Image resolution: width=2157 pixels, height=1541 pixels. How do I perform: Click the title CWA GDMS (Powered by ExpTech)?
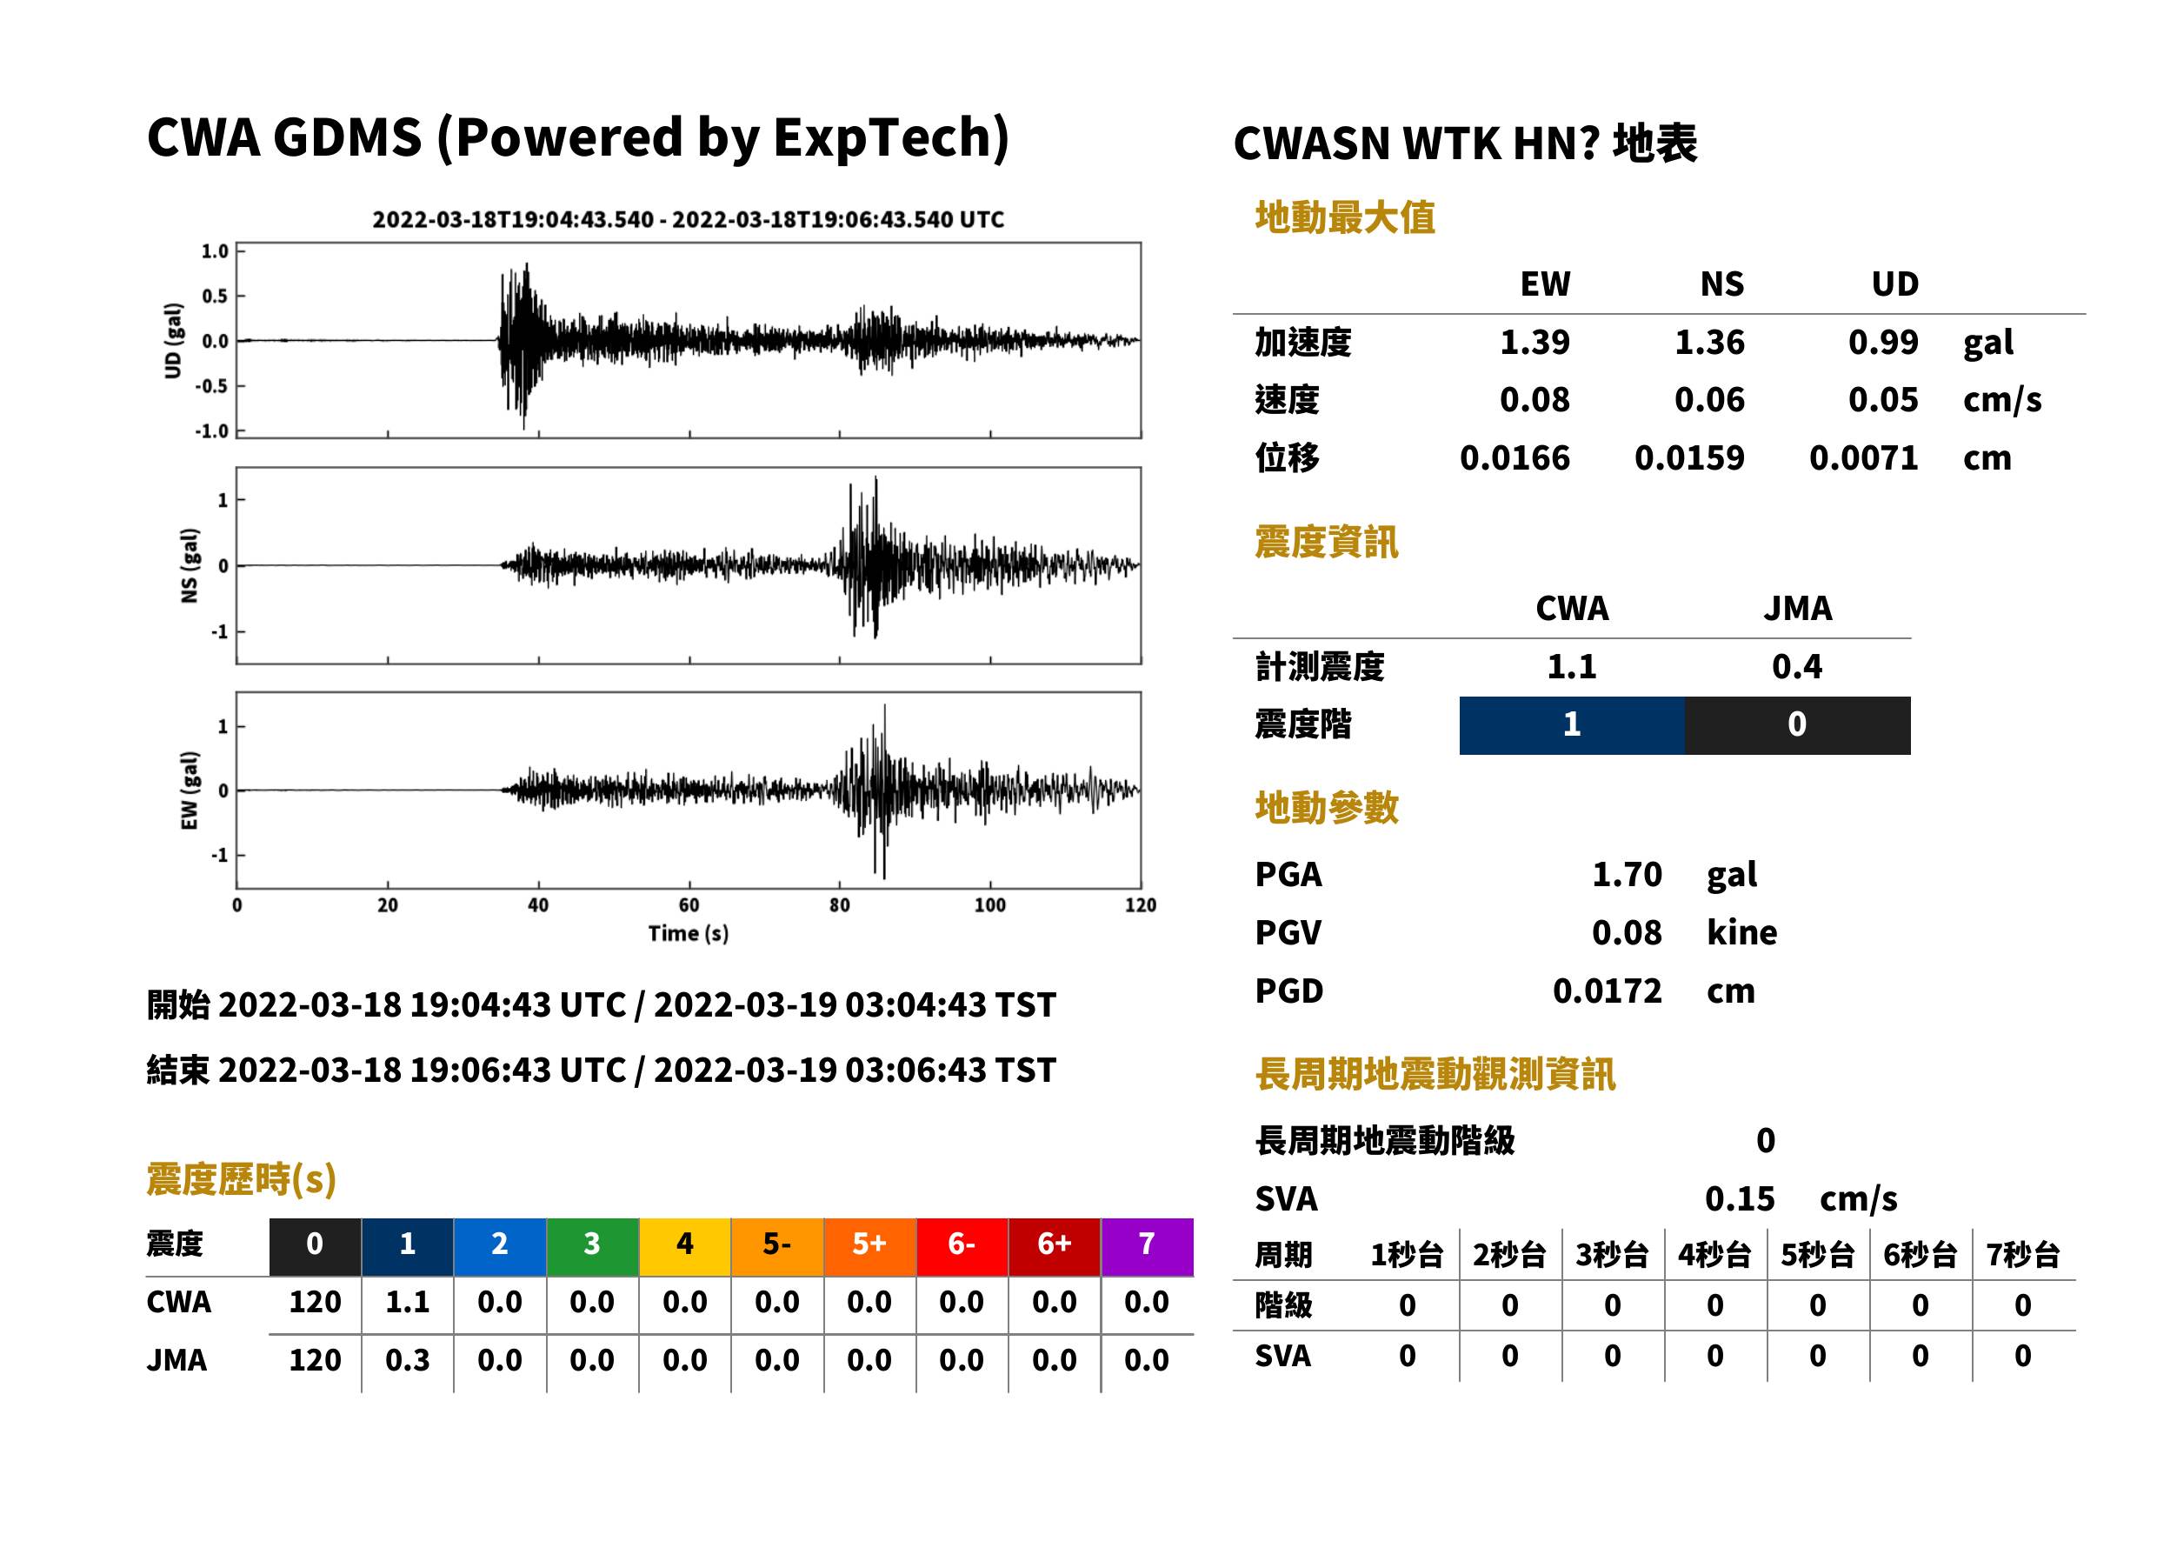pos(577,138)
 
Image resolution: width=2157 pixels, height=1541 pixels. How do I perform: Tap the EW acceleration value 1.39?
pos(1534,343)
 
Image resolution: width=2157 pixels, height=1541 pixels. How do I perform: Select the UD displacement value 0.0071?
pos(1863,458)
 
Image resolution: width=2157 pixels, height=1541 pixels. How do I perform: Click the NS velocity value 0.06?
pos(1708,400)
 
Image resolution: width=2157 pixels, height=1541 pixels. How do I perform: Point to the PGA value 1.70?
pos(1626,875)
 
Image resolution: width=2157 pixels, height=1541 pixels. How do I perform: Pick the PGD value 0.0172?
pos(1607,991)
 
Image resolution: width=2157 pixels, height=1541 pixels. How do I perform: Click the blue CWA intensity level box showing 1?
pos(1572,725)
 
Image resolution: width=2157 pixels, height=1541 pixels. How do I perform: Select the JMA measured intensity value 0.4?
pos(1796,667)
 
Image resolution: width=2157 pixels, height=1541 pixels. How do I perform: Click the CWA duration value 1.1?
pos(407,1303)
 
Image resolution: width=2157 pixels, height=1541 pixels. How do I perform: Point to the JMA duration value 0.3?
pos(407,1361)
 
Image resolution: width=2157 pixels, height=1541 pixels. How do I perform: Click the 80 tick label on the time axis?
pos(840,905)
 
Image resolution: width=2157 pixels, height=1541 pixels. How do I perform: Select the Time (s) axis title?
pos(689,934)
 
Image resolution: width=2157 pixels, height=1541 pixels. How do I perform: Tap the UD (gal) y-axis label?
pos(173,341)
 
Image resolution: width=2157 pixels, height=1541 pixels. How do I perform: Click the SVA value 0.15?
pos(1740,1199)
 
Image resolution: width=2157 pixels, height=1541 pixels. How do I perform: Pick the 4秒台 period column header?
pos(1714,1256)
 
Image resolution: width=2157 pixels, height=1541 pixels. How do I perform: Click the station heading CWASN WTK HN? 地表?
pos(1465,144)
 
